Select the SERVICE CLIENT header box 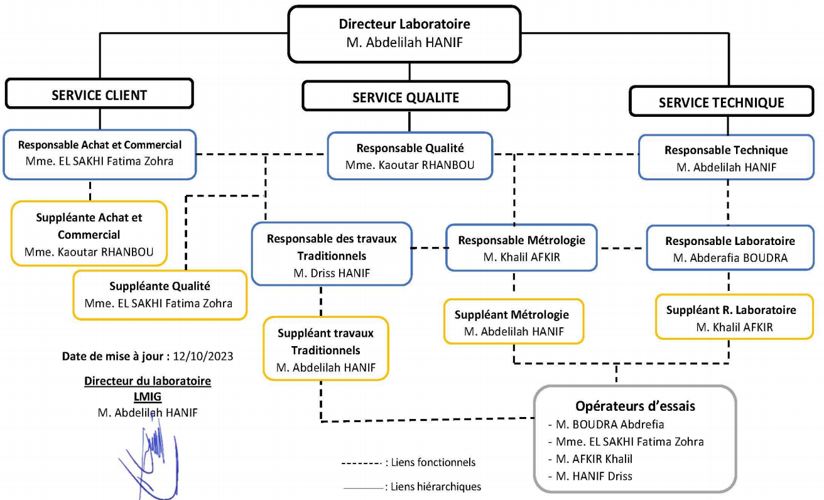pos(99,95)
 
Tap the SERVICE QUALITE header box pos(405,97)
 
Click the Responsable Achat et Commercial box pos(99,153)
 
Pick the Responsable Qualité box pos(409,156)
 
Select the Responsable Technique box pos(725,158)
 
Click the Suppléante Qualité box pos(159,295)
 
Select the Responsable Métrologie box pos(521,248)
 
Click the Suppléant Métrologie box pos(514,322)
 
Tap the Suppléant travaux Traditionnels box pos(325,350)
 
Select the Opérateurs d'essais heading pos(635,406)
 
